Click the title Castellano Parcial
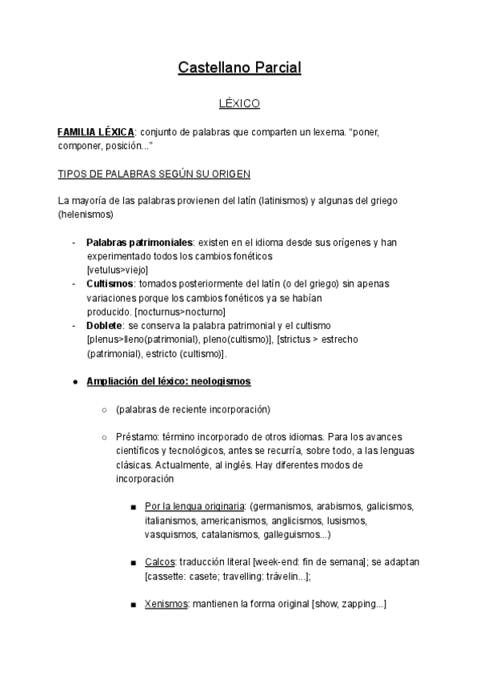tap(239, 68)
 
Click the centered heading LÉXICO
tap(239, 104)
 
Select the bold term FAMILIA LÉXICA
tap(95, 131)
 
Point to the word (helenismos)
tap(86, 215)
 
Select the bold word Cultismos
tap(110, 283)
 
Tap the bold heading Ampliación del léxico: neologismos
tap(168, 381)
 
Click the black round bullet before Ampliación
tap(75, 382)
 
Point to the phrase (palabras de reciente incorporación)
tap(193, 409)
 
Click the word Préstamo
tap(135, 437)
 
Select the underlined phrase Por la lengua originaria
tap(194, 507)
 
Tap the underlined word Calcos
tap(161, 563)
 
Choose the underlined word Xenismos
tap(166, 605)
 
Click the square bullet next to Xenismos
tap(132, 605)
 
